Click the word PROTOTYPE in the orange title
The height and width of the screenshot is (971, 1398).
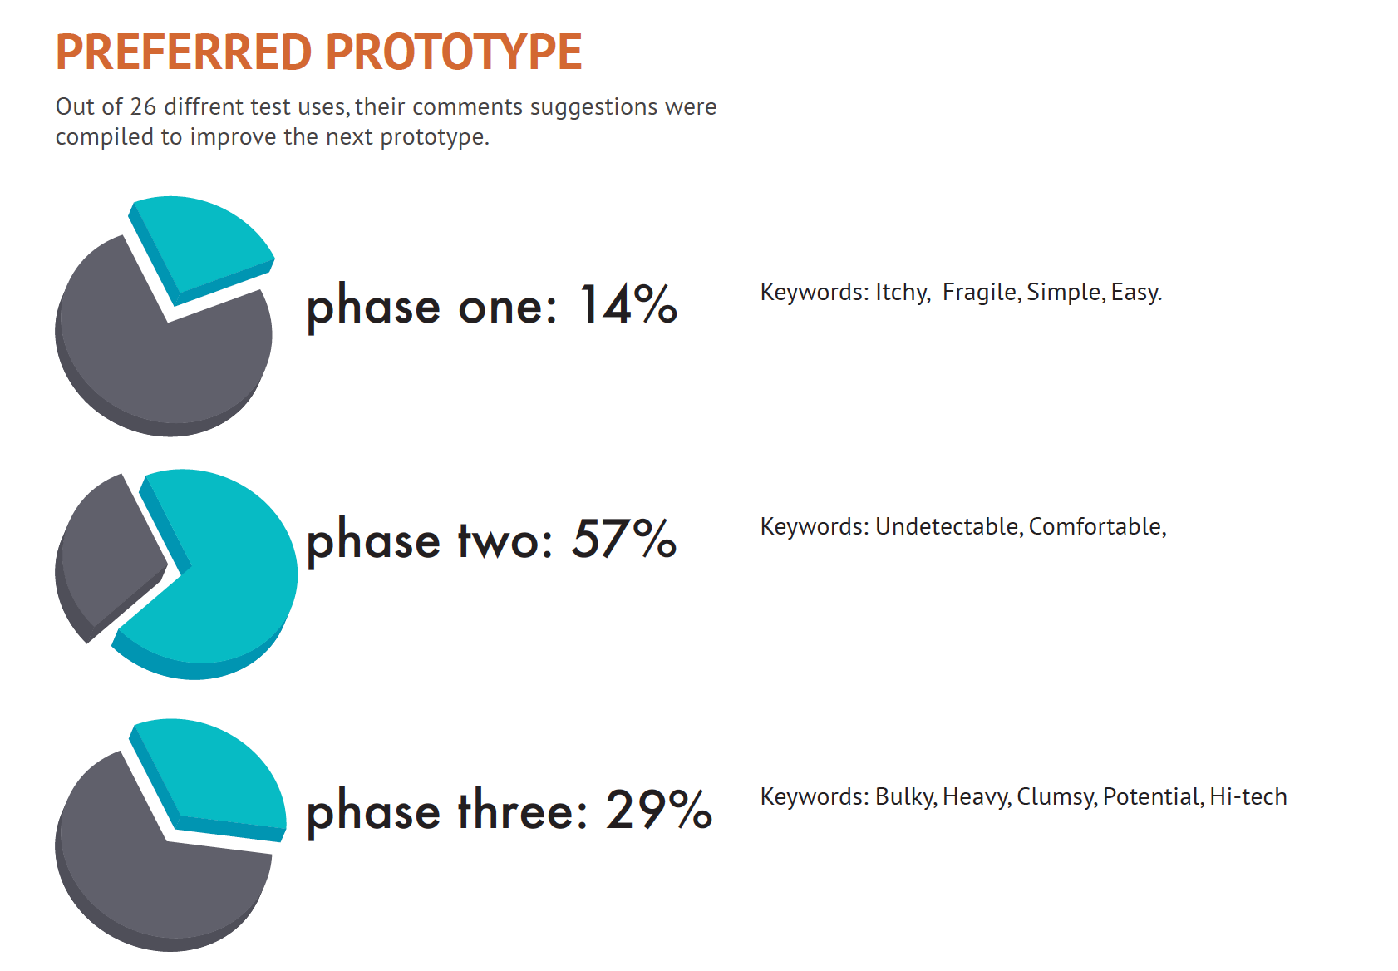[454, 52]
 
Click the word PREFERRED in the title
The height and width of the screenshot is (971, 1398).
[184, 52]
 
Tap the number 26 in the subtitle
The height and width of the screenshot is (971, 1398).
[143, 106]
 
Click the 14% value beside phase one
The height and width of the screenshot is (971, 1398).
[628, 304]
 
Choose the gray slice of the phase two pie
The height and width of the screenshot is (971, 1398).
[106, 556]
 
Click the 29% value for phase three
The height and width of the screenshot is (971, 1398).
[659, 809]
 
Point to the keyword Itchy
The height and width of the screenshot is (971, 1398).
[903, 293]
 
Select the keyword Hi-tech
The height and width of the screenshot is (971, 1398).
[1248, 796]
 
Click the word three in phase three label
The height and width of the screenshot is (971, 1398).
[523, 809]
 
